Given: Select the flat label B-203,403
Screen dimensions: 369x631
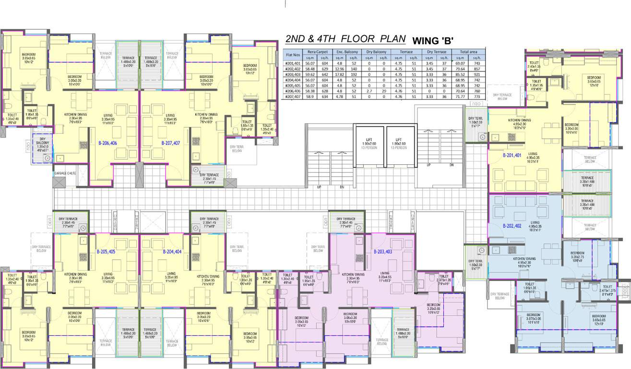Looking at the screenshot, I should coord(383,251).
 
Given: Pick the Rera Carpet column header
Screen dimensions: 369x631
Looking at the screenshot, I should coord(318,52).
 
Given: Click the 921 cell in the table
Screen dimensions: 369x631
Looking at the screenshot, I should coord(477,74).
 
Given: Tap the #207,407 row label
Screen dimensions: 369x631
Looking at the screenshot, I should coord(293,97).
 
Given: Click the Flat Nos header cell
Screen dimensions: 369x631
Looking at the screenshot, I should coord(293,55).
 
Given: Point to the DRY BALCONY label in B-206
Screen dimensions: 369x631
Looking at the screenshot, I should coord(43,140).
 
